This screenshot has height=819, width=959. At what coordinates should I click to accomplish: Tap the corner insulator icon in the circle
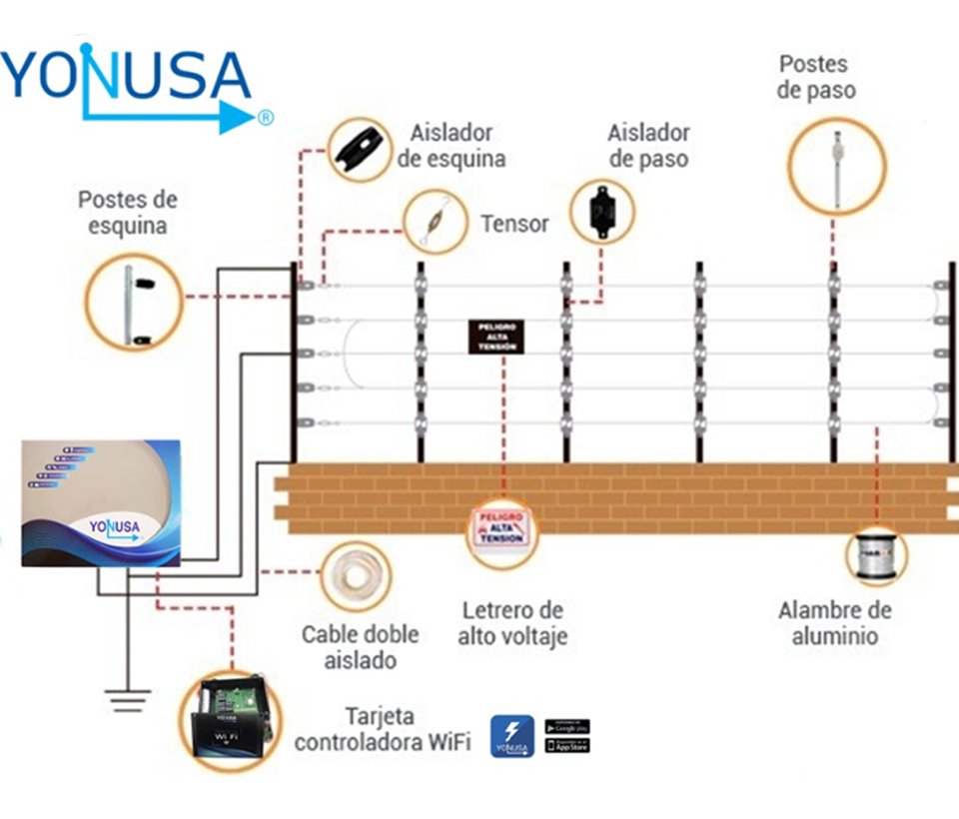point(359,150)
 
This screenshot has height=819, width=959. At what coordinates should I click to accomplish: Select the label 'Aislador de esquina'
point(452,146)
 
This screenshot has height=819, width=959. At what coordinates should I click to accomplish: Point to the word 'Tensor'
point(514,224)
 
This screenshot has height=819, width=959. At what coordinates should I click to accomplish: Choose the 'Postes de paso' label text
point(816,77)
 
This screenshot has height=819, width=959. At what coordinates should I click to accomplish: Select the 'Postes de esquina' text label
point(127,212)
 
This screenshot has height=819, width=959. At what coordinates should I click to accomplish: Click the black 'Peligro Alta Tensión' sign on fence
point(496,336)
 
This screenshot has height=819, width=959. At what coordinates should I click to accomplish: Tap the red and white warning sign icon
point(502,529)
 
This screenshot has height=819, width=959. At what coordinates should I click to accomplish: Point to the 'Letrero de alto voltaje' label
point(512,622)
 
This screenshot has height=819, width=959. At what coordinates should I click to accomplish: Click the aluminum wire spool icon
point(875,556)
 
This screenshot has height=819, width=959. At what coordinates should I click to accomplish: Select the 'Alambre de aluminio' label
point(835,622)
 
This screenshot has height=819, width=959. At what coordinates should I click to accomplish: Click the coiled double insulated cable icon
point(355,578)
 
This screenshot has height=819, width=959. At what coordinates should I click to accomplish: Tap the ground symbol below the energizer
point(127,700)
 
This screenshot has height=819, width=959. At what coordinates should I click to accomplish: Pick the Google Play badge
point(567,726)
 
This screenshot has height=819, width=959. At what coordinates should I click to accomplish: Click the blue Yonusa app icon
point(511,736)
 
